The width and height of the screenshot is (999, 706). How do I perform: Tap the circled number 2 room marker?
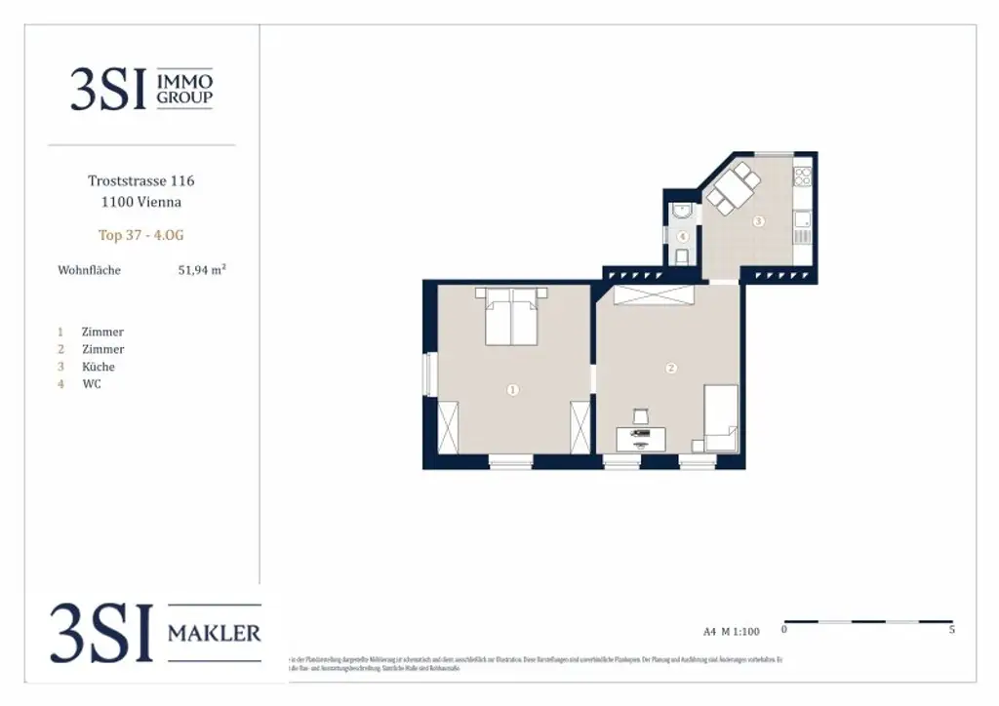(x=670, y=369)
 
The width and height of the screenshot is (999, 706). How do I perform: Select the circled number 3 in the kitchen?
(x=758, y=221)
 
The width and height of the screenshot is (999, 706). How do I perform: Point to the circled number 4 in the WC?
(x=683, y=236)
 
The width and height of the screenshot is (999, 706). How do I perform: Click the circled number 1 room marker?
(x=513, y=390)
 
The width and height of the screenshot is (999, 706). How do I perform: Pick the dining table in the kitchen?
(x=732, y=189)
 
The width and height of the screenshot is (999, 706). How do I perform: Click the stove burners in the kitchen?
(x=803, y=176)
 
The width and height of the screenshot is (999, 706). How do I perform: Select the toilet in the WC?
(x=682, y=255)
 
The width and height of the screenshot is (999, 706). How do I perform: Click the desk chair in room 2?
(x=641, y=416)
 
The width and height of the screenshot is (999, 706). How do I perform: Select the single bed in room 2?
(x=722, y=416)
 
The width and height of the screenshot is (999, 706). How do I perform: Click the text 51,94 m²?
(x=202, y=270)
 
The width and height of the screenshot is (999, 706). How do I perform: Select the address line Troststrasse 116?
(x=141, y=180)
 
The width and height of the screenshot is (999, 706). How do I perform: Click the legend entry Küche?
(x=100, y=367)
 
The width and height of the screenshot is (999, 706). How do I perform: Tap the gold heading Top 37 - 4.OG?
(x=140, y=235)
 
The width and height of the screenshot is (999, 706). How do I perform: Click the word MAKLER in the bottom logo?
(x=215, y=634)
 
